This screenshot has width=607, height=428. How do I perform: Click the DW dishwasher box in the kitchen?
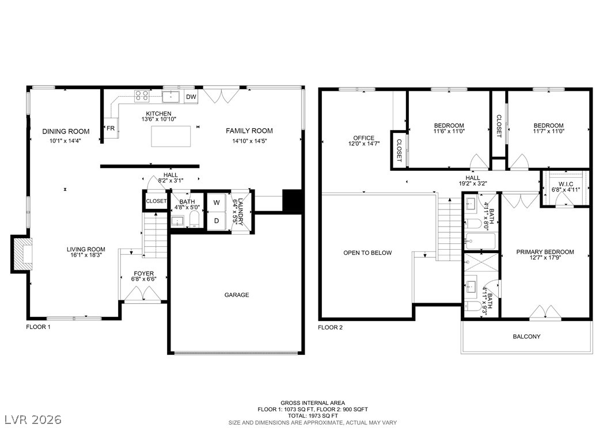coord(191,97)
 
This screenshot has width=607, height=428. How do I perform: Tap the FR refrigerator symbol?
coord(111,128)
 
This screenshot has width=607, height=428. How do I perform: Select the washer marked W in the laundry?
coord(217,202)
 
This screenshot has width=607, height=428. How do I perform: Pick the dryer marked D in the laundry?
coord(217,221)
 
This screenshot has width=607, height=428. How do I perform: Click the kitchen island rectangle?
coord(170,136)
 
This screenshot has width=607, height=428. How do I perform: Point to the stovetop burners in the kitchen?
coord(142,96)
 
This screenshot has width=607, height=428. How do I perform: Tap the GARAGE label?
coord(237,295)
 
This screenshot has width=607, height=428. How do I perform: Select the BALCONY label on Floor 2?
coord(526,337)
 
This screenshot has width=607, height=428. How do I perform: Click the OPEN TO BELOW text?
coord(367,253)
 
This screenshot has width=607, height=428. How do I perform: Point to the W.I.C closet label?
coord(566,184)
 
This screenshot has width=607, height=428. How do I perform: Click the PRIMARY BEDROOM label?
coord(545,252)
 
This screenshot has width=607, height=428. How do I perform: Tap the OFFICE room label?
coord(364,137)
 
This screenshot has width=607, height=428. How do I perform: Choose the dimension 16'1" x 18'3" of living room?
coord(86,255)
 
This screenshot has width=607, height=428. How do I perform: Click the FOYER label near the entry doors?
coord(143,273)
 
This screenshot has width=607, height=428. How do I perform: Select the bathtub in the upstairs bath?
coord(480,242)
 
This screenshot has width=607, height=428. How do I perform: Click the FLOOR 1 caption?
coord(38,327)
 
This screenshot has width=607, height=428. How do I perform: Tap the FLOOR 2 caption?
coord(330,327)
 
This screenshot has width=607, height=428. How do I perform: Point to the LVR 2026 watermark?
coord(33,419)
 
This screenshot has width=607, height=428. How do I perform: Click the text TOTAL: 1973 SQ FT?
coord(313,415)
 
